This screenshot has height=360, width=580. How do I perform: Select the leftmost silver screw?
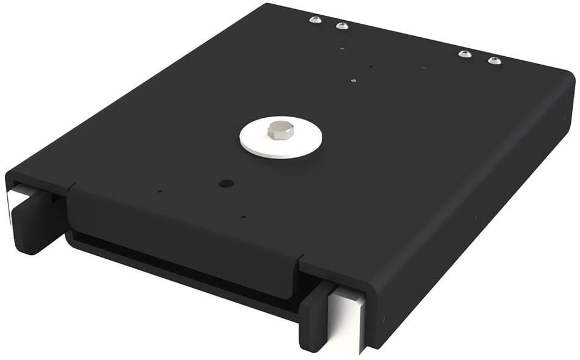coord(315,20)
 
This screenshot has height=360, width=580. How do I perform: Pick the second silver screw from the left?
coord(343,26)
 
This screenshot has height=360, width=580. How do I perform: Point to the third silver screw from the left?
coord(465,54)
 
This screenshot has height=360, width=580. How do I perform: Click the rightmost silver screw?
coord(495,60)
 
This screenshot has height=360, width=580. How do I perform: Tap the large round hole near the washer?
coord(227,183)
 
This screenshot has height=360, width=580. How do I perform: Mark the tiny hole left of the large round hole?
coord(160,191)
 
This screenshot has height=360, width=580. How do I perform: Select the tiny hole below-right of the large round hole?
coord(244,216)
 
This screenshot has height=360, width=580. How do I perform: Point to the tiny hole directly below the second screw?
coord(343,48)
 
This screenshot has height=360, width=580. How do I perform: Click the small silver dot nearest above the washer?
coord(354,79)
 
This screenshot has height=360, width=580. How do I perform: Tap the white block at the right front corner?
coord(347,320)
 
